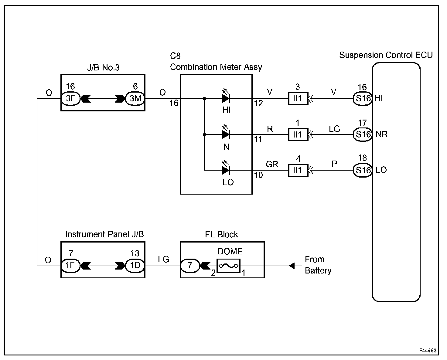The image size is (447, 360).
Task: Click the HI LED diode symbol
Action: coord(226,98)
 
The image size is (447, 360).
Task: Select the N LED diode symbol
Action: coord(226,134)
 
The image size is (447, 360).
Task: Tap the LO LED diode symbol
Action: coord(226,170)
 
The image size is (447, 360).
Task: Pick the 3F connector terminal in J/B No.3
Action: coord(70,98)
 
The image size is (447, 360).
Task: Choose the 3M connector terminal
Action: coord(135,98)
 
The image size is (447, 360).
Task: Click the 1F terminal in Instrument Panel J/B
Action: coord(70,266)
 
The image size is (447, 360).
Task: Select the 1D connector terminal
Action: coord(135,266)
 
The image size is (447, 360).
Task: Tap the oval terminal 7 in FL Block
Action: coord(190,266)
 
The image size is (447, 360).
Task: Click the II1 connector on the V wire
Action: coord(298,99)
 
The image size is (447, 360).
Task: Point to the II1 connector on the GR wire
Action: coord(298,170)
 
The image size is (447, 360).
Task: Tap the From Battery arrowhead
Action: coord(292,266)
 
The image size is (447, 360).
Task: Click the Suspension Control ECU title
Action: coord(386,55)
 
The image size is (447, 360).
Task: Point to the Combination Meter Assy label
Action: coord(216,67)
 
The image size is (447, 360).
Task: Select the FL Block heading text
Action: coord(221,234)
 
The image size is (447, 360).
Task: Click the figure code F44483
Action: coord(428,350)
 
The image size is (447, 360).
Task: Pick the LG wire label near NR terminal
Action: coord(334,129)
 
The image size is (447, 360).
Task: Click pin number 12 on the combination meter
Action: coord(258,104)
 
